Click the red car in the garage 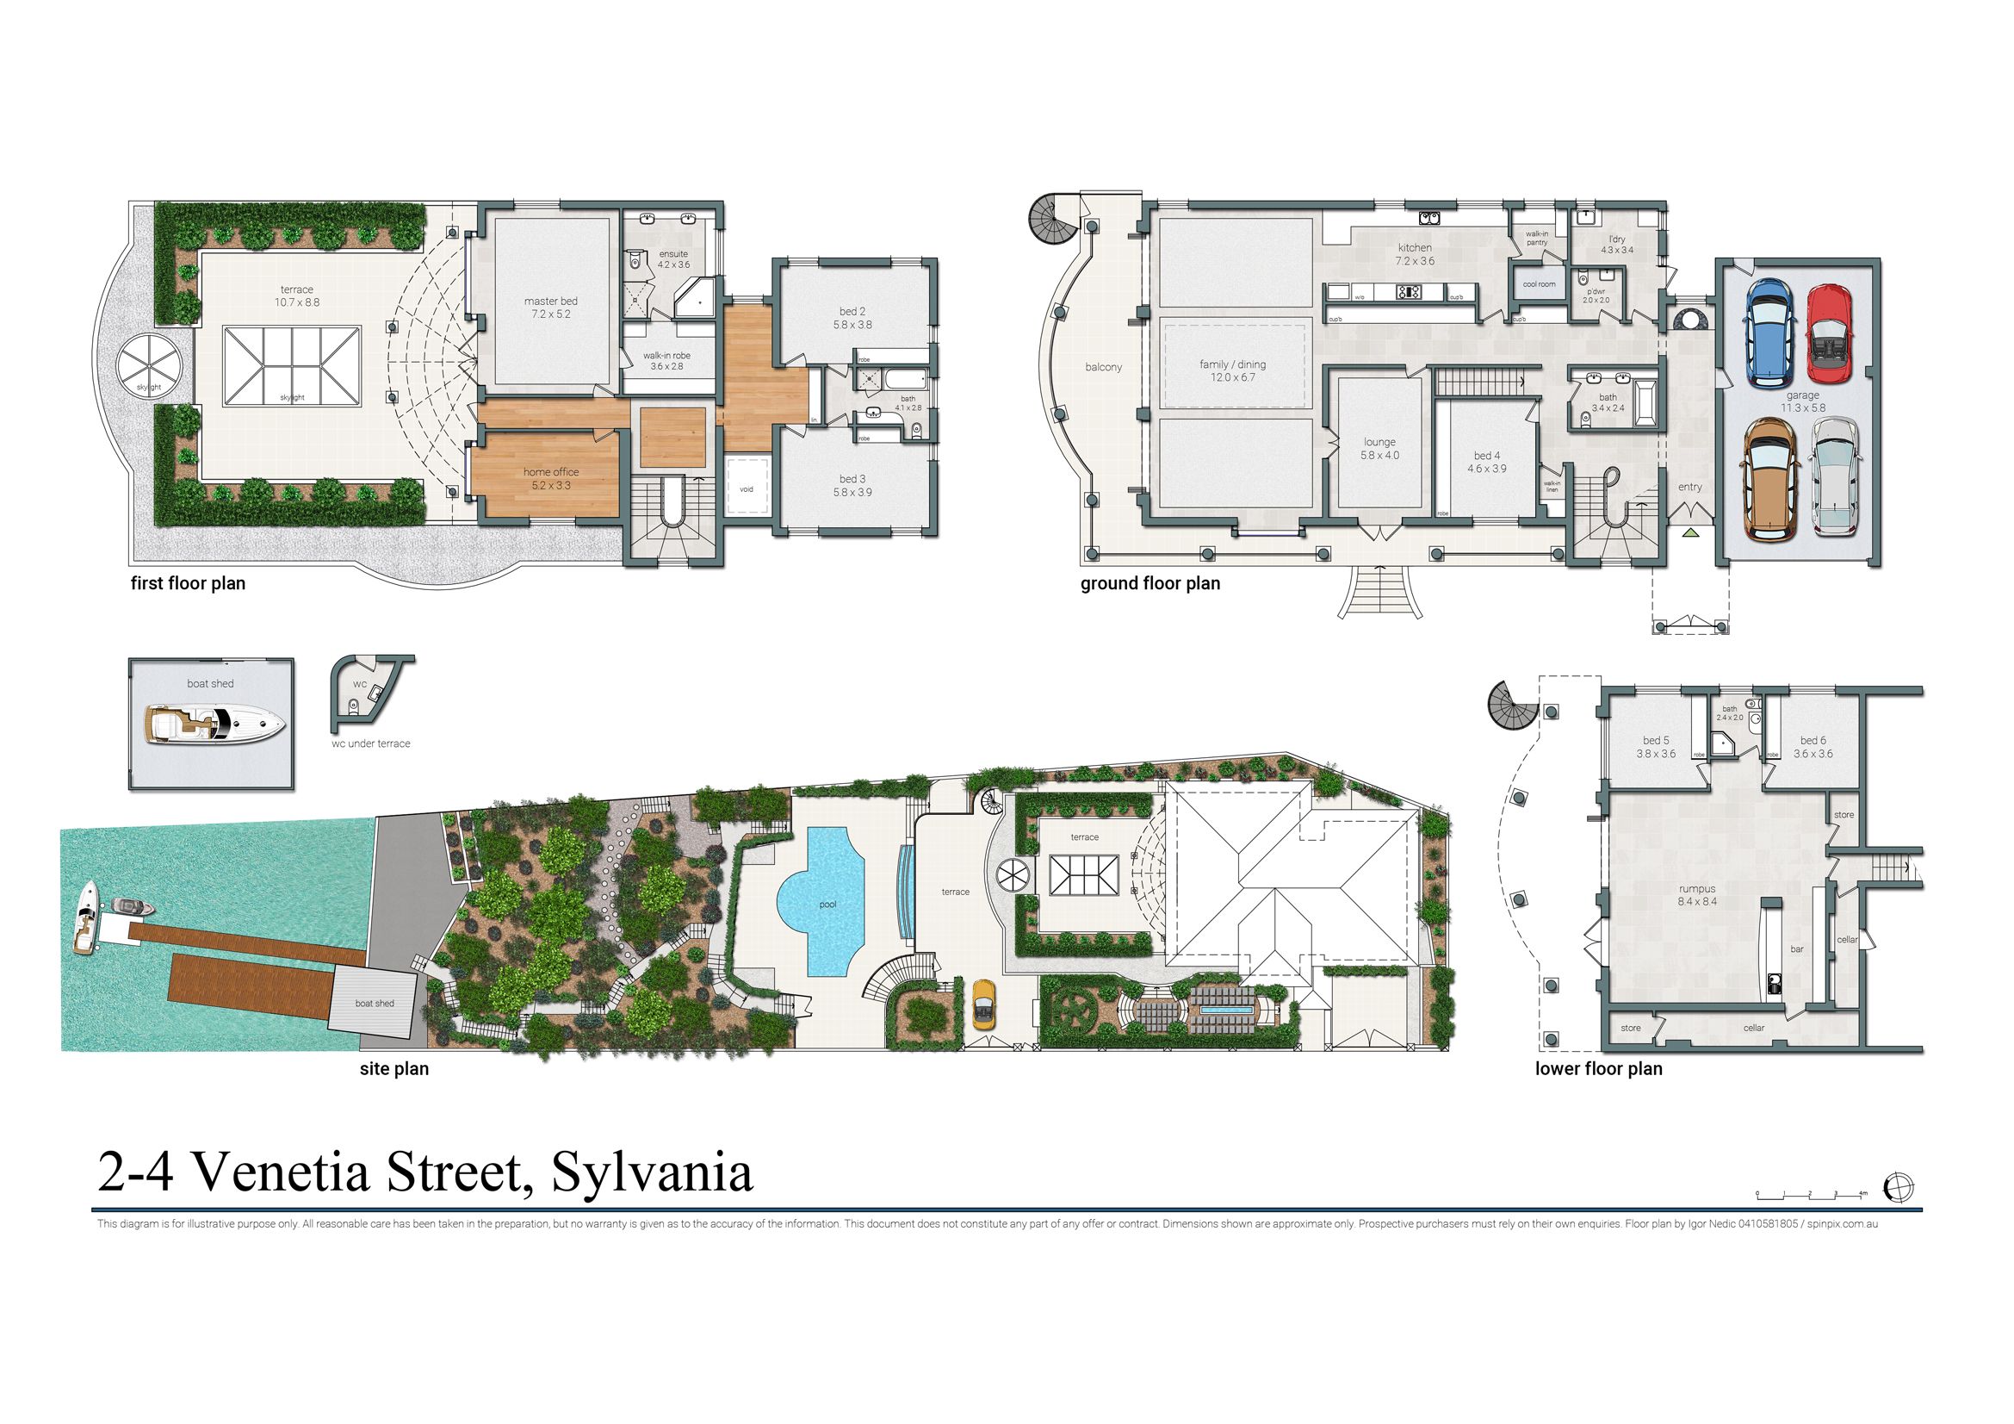pyautogui.click(x=1828, y=334)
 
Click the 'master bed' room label pyautogui.click(x=551, y=302)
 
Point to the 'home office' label pyautogui.click(x=551, y=472)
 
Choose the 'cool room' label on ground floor pyautogui.click(x=1539, y=284)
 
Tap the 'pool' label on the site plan pyautogui.click(x=828, y=904)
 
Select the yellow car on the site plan pyautogui.click(x=984, y=1004)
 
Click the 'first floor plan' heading pyautogui.click(x=188, y=583)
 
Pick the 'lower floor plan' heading pyautogui.click(x=1598, y=1069)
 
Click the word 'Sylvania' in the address pyautogui.click(x=652, y=1174)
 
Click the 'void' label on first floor pyautogui.click(x=747, y=488)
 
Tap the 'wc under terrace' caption pyautogui.click(x=371, y=744)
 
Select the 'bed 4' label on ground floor pyautogui.click(x=1483, y=456)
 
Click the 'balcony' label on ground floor pyautogui.click(x=1104, y=368)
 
